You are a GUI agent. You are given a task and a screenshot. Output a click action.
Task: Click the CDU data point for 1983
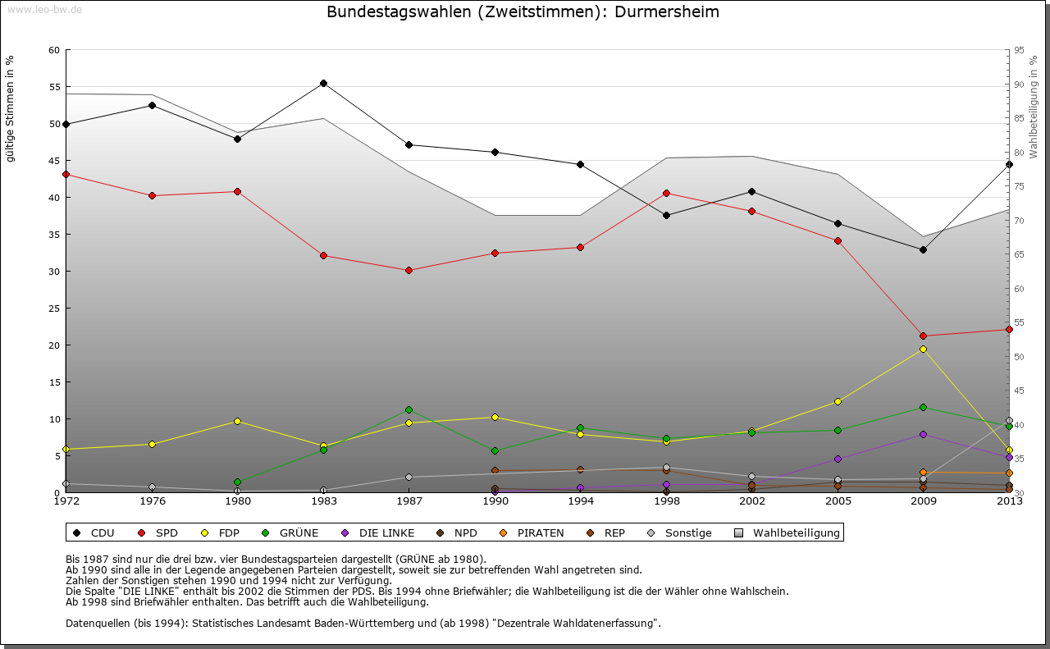point(323,83)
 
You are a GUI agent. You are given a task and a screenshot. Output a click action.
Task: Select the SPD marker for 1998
point(666,193)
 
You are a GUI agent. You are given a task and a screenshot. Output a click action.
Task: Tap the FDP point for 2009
point(923,349)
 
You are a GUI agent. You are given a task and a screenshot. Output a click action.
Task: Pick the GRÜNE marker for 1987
point(409,409)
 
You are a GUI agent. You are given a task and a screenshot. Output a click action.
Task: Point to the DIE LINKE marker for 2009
point(923,434)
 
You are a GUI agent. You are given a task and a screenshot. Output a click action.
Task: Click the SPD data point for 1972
point(66,174)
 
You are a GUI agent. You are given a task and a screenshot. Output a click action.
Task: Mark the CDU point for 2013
point(1009,164)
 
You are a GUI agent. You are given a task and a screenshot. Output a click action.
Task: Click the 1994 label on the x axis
point(580,500)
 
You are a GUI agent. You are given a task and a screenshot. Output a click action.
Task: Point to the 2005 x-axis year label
point(838,500)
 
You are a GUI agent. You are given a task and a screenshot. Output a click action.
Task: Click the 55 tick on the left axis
point(55,86)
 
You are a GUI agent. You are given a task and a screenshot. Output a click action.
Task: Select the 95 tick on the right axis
point(1019,50)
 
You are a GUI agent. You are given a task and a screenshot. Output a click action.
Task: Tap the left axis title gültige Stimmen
point(10,108)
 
